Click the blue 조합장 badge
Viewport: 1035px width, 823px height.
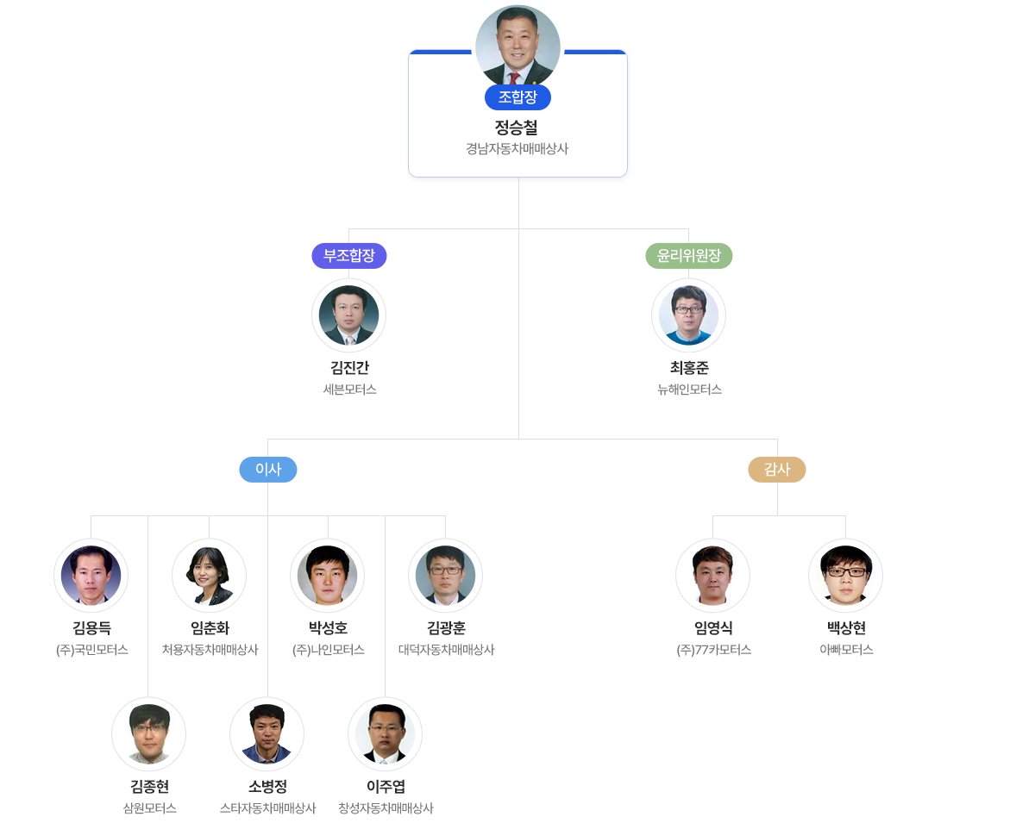tap(517, 97)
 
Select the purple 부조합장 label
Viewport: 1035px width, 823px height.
tap(349, 256)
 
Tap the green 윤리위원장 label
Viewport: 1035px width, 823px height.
tap(689, 256)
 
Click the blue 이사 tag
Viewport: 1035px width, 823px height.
tap(268, 470)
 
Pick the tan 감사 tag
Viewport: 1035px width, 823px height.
tap(777, 470)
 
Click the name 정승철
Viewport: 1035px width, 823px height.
tap(517, 128)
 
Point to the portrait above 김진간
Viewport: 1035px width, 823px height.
tap(348, 315)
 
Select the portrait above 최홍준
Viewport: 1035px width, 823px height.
tap(688, 315)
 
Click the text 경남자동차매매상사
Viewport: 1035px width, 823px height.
tap(517, 149)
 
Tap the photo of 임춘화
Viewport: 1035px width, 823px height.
tap(210, 575)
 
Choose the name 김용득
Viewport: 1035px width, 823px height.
tap(91, 628)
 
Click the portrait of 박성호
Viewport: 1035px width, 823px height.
tap(328, 575)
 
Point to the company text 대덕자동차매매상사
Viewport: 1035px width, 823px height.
tap(446, 650)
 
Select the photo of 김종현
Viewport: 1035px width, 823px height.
tap(148, 733)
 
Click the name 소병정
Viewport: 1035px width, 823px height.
tap(267, 787)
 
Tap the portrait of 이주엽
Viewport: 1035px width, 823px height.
tap(385, 733)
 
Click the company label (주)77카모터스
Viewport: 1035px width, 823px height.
tap(713, 650)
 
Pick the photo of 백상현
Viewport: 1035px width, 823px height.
tap(845, 575)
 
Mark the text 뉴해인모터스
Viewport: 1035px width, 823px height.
tap(689, 390)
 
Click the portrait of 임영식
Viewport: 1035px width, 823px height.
tap(712, 575)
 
